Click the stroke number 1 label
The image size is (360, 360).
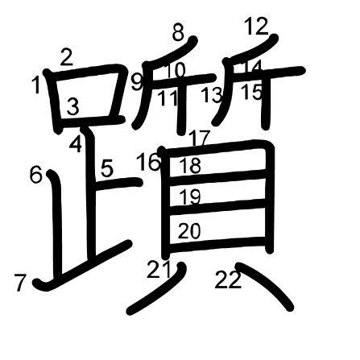tap(36, 85)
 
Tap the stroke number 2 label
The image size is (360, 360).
tap(67, 57)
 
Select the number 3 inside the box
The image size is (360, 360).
tap(73, 106)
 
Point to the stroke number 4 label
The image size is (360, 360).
tap(76, 144)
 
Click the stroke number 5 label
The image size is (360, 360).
tap(107, 168)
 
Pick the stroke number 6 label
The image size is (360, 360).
tap(36, 175)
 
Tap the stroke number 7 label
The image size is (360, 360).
tap(20, 283)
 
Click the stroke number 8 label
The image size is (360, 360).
tap(178, 32)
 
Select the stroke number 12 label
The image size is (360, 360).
tap(256, 27)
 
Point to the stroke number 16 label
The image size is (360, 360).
tap(149, 162)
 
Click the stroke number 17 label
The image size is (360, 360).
tap(199, 139)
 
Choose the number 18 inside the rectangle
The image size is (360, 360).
tap(190, 165)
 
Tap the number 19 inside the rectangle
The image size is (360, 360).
tap(190, 197)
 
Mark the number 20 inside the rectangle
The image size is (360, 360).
tap(189, 231)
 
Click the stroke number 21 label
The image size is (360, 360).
tap(159, 269)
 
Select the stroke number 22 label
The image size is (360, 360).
tap(228, 279)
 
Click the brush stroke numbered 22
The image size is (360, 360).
tap(264, 286)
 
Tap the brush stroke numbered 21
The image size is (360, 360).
tap(159, 294)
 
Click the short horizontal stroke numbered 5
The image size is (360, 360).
tap(118, 184)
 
